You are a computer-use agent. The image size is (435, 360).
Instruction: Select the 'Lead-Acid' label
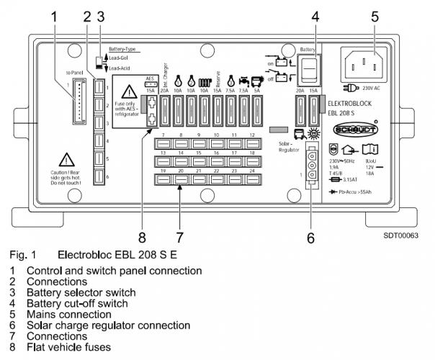[x=122, y=68]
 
